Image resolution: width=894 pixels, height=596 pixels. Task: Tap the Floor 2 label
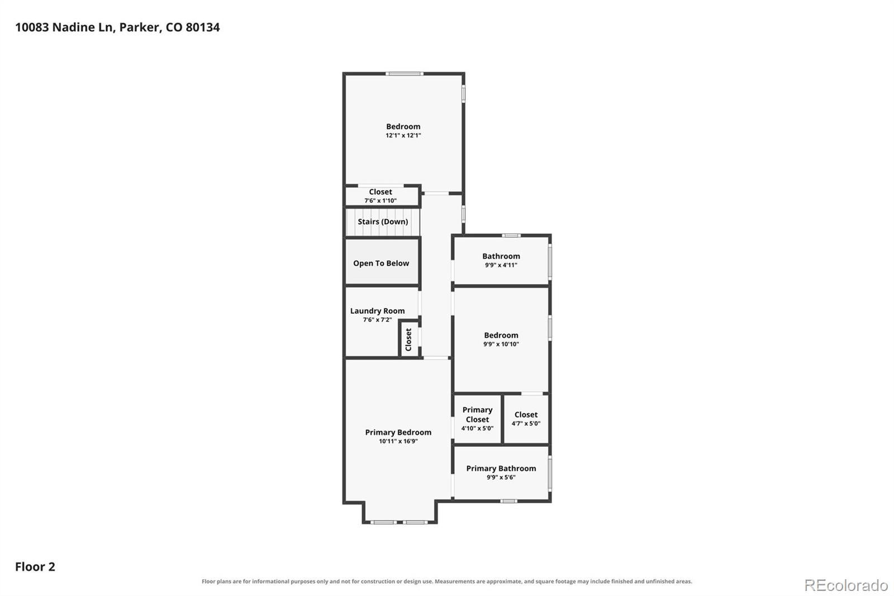pos(35,566)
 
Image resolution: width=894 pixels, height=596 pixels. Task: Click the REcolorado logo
pos(846,585)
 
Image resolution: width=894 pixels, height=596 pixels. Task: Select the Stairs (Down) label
pos(383,222)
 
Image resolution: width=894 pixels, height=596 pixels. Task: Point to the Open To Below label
pos(381,263)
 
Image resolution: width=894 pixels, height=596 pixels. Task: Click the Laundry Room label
pos(378,311)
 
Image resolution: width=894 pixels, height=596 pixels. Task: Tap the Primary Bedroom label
pos(398,432)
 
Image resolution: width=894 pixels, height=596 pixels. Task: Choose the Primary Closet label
pos(477,415)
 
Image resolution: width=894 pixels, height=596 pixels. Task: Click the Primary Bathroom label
pos(501,468)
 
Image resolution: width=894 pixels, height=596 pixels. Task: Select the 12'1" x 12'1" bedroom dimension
pos(403,135)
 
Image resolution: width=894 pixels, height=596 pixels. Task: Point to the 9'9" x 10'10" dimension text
pos(501,344)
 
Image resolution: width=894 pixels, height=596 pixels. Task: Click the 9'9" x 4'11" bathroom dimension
pos(501,265)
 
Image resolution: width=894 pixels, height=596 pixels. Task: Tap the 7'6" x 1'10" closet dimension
pos(381,201)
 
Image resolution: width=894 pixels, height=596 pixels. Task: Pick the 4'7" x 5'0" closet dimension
pos(526,423)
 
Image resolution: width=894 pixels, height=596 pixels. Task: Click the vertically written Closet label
pos(408,339)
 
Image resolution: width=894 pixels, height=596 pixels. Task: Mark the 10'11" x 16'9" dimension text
pos(398,441)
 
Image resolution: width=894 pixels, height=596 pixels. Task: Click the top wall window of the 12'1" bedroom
pos(405,73)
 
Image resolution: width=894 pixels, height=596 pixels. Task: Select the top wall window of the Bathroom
pos(511,235)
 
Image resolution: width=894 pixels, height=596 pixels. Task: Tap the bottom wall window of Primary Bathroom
pos(508,501)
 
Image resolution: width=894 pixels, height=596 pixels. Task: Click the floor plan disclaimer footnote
pos(447,581)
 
